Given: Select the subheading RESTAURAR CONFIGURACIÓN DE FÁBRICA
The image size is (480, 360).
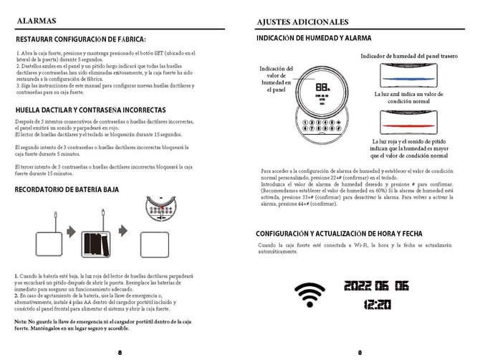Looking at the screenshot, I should pyautogui.click(x=80, y=39).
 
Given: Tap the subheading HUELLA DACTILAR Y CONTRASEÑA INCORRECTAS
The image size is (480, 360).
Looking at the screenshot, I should pyautogui.click(x=90, y=110).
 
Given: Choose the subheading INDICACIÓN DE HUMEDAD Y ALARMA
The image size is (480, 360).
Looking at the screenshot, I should pyautogui.click(x=314, y=38).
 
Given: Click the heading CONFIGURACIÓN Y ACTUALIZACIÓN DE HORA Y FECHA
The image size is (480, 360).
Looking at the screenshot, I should pyautogui.click(x=339, y=234).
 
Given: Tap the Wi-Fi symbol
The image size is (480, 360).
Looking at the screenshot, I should pyautogui.click(x=309, y=293).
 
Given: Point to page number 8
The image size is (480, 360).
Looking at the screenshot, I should pyautogui.click(x=120, y=352).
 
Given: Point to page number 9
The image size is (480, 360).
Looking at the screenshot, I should pyautogui.click(x=360, y=352).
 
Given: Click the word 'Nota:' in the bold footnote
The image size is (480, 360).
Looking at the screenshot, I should pyautogui.click(x=21, y=321).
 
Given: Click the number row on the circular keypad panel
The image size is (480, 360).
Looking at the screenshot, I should pyautogui.click(x=323, y=123).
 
